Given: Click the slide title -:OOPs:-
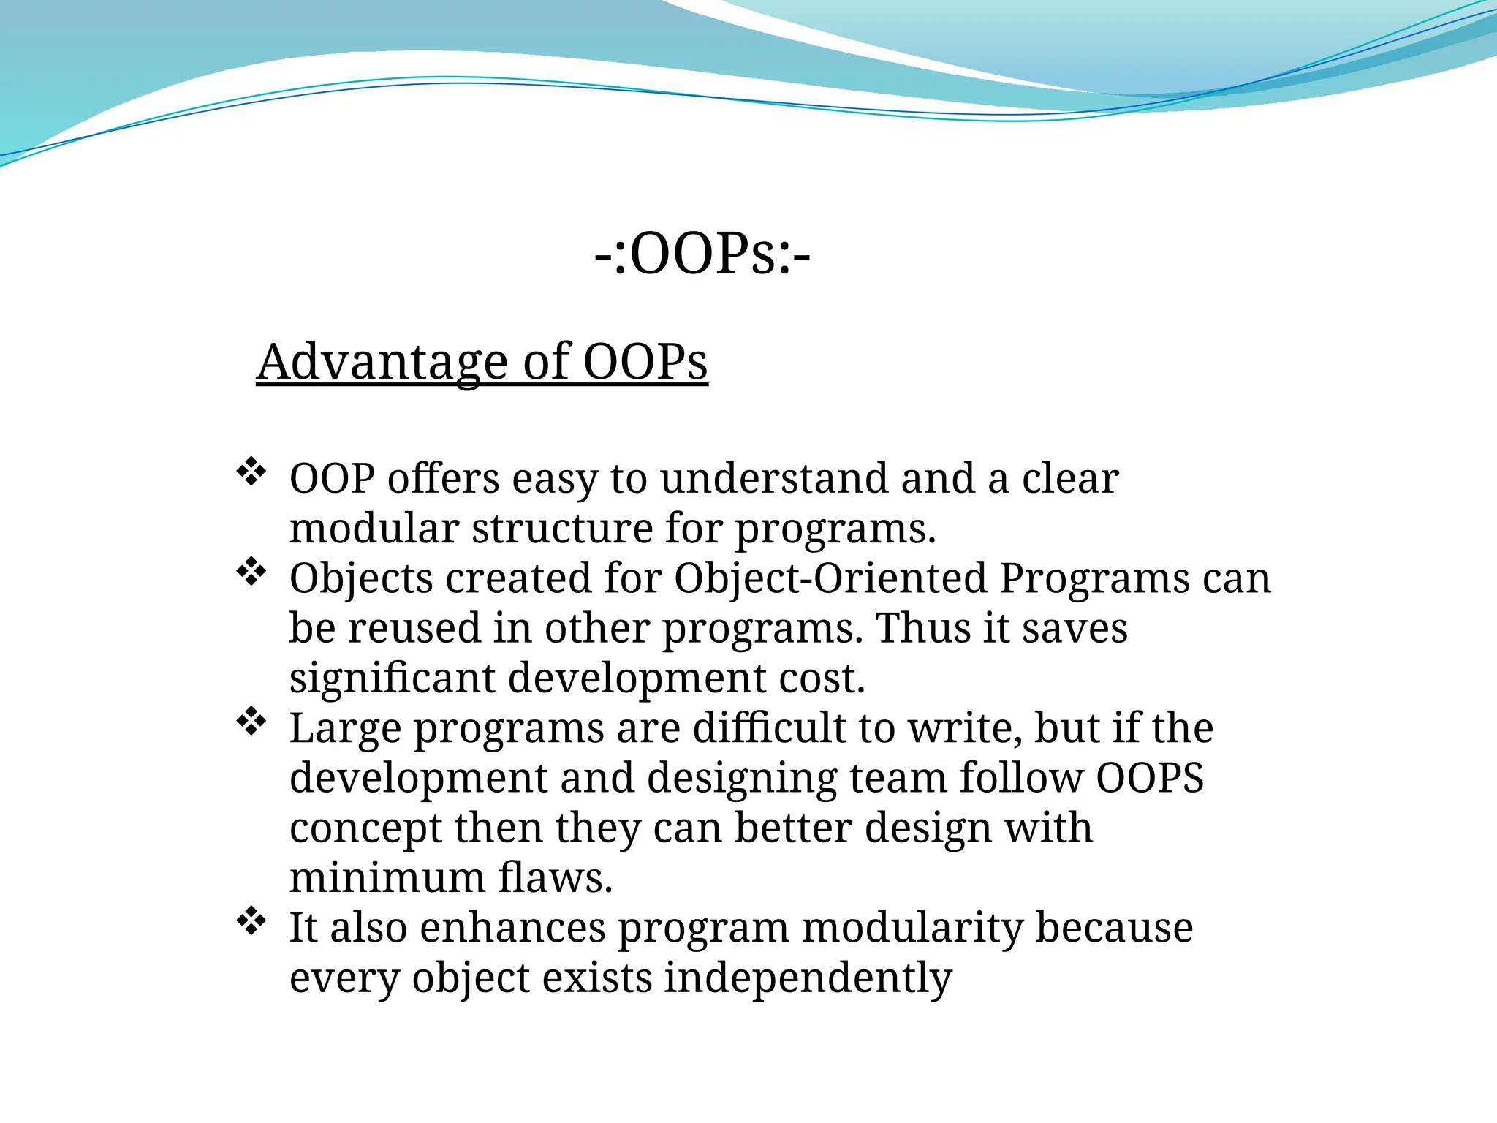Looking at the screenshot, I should click(x=702, y=255).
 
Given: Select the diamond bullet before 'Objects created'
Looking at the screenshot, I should click(x=251, y=572).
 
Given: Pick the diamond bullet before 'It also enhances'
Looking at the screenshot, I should click(x=251, y=921).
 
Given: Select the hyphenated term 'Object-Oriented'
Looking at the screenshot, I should click(x=830, y=578).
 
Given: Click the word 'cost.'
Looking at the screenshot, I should click(x=822, y=678).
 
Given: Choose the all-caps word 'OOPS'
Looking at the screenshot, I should click(x=1150, y=778).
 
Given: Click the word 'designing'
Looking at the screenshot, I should click(x=741, y=779).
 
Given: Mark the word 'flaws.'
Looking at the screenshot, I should click(x=555, y=877).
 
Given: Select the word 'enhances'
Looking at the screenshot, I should click(x=512, y=928).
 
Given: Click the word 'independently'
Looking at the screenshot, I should click(x=808, y=978).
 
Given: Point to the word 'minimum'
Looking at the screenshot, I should click(x=387, y=877).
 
